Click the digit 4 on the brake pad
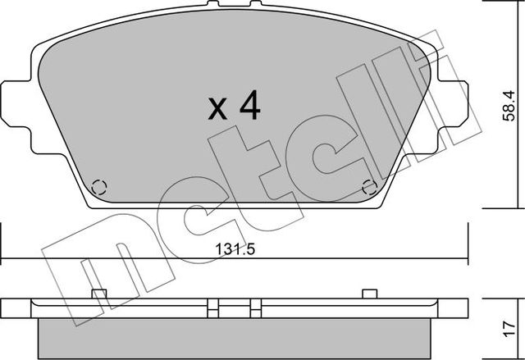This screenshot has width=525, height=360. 249,106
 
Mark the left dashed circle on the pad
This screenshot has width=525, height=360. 98,186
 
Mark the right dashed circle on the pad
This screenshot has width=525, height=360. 369,186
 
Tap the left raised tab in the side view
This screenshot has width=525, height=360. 99,294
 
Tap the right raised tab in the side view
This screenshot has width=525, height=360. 369,294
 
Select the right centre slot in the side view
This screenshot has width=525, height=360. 255,308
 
